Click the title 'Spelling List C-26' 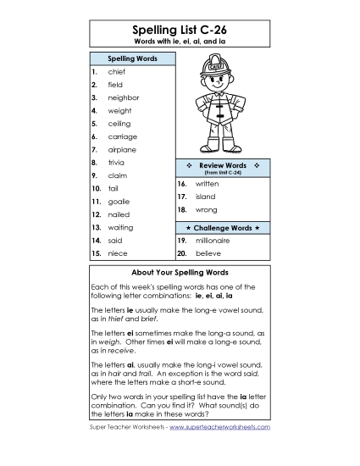coord(180,30)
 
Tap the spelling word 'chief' coord(117,72)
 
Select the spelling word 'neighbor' coord(124,97)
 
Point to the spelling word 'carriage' coord(122,136)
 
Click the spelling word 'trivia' coord(118,161)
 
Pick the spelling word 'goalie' coord(119,202)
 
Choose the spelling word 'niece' coord(118,252)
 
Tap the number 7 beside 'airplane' coord(94,149)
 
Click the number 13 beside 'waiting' coord(97,227)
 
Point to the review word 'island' coord(206,196)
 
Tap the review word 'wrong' coord(206,208)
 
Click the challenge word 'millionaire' coord(213,241)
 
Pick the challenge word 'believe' coord(208,252)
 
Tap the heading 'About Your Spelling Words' coord(180,273)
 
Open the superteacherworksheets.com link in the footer coord(219,426)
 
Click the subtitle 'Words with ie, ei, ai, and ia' coord(180,42)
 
